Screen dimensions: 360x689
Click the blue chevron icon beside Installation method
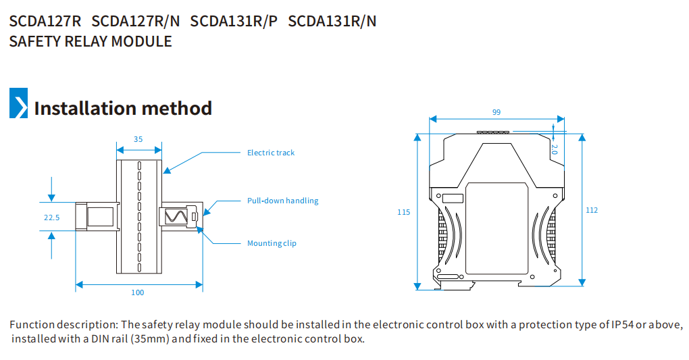click(18, 103)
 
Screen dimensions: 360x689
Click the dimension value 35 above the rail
click(138, 139)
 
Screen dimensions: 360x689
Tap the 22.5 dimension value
click(51, 217)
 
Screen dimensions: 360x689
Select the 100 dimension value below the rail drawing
click(138, 292)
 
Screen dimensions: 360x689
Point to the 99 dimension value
click(496, 112)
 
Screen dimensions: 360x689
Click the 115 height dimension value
click(403, 212)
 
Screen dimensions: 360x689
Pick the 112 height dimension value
click(592, 210)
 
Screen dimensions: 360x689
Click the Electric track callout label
click(271, 153)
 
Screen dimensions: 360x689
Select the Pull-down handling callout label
click(282, 201)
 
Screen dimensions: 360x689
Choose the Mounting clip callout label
click(272, 243)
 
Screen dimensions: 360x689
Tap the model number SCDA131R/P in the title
click(234, 21)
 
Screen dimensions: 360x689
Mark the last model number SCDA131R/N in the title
click(332, 21)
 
